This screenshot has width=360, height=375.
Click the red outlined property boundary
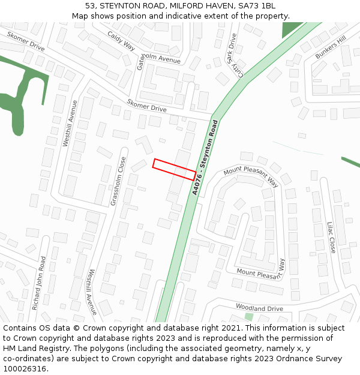(175, 169)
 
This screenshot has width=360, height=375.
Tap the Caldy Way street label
(121, 40)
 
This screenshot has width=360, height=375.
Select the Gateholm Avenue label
(158, 60)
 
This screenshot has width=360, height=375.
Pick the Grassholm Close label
(118, 181)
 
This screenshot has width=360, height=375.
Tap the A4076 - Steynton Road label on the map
(205, 157)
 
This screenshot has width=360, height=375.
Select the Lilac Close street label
(331, 237)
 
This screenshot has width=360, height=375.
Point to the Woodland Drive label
(259, 308)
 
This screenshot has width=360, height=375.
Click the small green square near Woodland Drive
(248, 316)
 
